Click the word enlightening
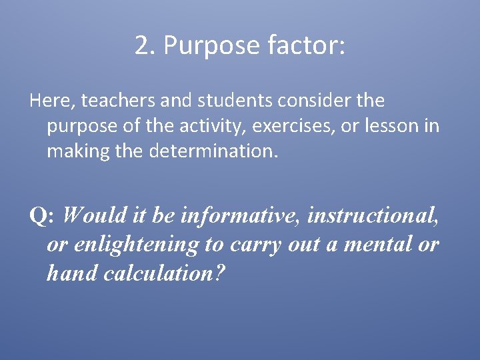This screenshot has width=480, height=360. click(137, 245)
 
